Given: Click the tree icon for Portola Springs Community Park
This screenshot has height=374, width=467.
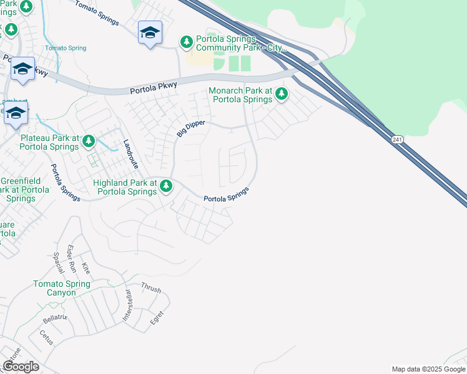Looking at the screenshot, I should [186, 42].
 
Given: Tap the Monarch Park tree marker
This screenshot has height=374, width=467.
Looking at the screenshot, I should [282, 95].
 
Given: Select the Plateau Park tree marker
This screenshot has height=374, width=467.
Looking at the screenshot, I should [89, 141].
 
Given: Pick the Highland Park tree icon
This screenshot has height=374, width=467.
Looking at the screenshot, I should [166, 186].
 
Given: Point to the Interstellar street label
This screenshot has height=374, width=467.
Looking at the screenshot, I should [127, 305].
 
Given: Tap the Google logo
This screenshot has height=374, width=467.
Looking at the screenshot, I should [21, 366].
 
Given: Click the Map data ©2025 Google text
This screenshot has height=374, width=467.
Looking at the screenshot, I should [428, 369].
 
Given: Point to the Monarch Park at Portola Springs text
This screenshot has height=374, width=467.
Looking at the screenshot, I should [240, 95].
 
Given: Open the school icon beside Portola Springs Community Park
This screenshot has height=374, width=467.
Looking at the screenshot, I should [150, 33].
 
